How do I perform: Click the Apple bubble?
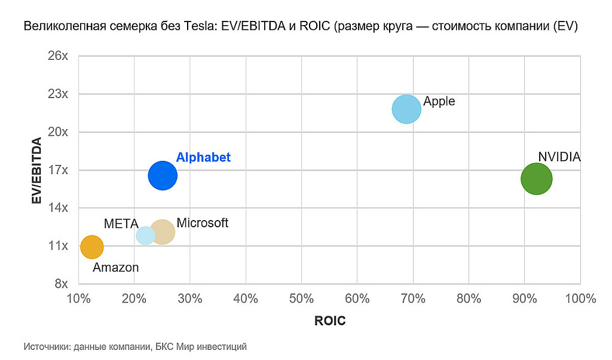coord(406,109)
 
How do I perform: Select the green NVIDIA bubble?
coord(536,178)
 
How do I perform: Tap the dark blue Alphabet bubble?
coord(163,176)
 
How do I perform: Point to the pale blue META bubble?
coord(145,235)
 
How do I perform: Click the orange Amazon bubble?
coord(91,246)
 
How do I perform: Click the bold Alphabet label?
coord(203,157)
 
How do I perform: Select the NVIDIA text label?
coord(559,157)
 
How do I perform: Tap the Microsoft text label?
coord(202,223)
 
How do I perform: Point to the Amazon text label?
coord(116,267)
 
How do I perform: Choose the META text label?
coord(121,224)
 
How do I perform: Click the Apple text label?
coord(439,101)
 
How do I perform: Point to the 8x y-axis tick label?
coord(62,283)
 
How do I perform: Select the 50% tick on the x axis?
coord(301,298)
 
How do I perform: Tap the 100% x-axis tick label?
coord(580,298)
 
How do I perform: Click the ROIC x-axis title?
coord(330,321)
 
